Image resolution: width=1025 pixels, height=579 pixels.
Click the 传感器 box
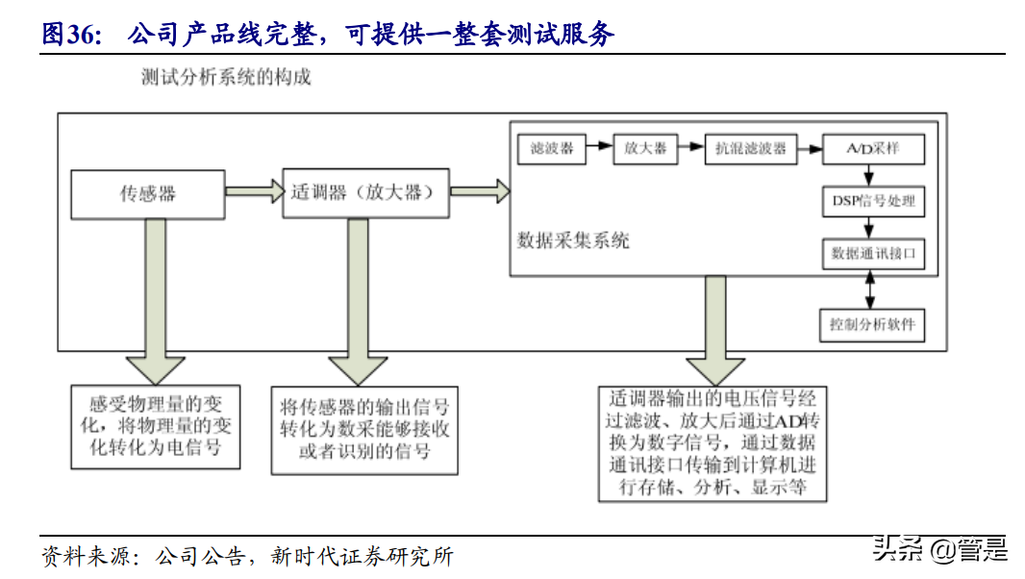click(x=147, y=193)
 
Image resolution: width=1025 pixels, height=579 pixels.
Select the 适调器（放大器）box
click(x=365, y=192)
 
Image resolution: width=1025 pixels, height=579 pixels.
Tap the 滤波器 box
click(x=552, y=148)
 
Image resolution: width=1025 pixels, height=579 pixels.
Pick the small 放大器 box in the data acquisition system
click(x=644, y=148)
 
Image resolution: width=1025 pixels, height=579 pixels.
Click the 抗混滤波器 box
click(x=750, y=148)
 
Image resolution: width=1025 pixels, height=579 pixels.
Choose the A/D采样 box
click(x=872, y=148)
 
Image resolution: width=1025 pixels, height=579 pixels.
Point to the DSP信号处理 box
click(x=872, y=201)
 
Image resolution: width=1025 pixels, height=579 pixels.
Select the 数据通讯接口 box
click(x=872, y=253)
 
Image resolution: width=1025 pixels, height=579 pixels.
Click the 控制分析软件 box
click(x=872, y=324)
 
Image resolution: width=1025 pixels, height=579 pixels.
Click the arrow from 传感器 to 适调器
click(x=253, y=192)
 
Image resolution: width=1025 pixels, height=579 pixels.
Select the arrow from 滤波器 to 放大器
click(x=599, y=147)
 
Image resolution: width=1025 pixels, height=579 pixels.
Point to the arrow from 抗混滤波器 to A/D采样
click(x=809, y=147)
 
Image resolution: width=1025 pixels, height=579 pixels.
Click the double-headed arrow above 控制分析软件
click(x=871, y=289)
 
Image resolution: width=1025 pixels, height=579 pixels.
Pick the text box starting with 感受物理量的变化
click(x=156, y=427)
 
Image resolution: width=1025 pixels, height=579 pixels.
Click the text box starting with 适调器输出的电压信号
click(x=712, y=443)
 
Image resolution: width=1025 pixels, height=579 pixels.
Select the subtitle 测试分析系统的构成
click(x=226, y=78)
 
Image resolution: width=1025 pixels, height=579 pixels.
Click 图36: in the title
click(x=71, y=36)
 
